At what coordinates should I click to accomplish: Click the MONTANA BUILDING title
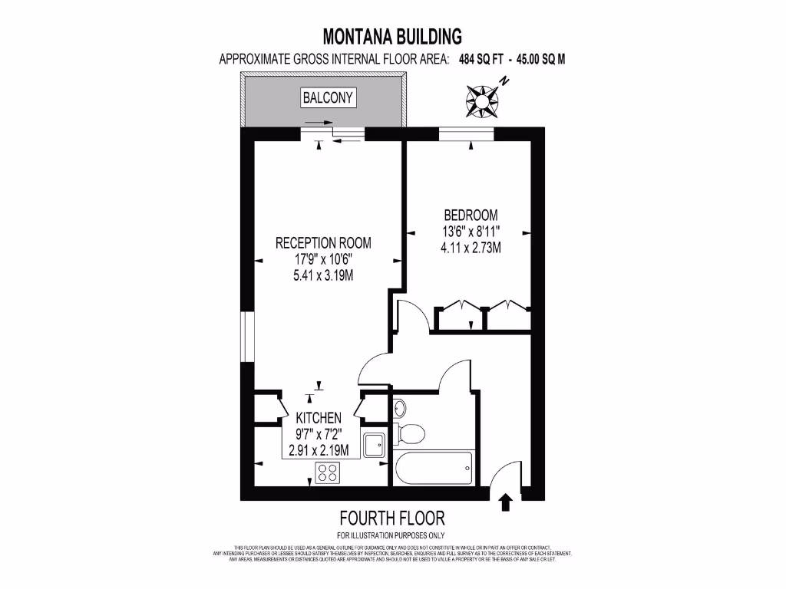tap(392, 36)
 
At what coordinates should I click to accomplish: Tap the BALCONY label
tap(328, 97)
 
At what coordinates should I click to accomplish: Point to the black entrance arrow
tap(505, 502)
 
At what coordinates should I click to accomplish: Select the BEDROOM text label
tap(471, 216)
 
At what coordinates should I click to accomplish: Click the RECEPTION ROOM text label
tap(323, 243)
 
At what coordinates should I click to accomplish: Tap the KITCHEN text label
tap(319, 418)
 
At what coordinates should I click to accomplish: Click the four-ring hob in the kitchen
tap(328, 473)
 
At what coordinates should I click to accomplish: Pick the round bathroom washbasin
tap(399, 406)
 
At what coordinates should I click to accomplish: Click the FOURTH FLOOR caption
tap(392, 518)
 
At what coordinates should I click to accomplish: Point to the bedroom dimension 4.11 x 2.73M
tap(471, 248)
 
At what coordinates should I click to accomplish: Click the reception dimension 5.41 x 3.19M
tap(323, 275)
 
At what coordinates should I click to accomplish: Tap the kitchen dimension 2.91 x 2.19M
tap(319, 450)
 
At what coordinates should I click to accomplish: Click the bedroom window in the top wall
tap(465, 134)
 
